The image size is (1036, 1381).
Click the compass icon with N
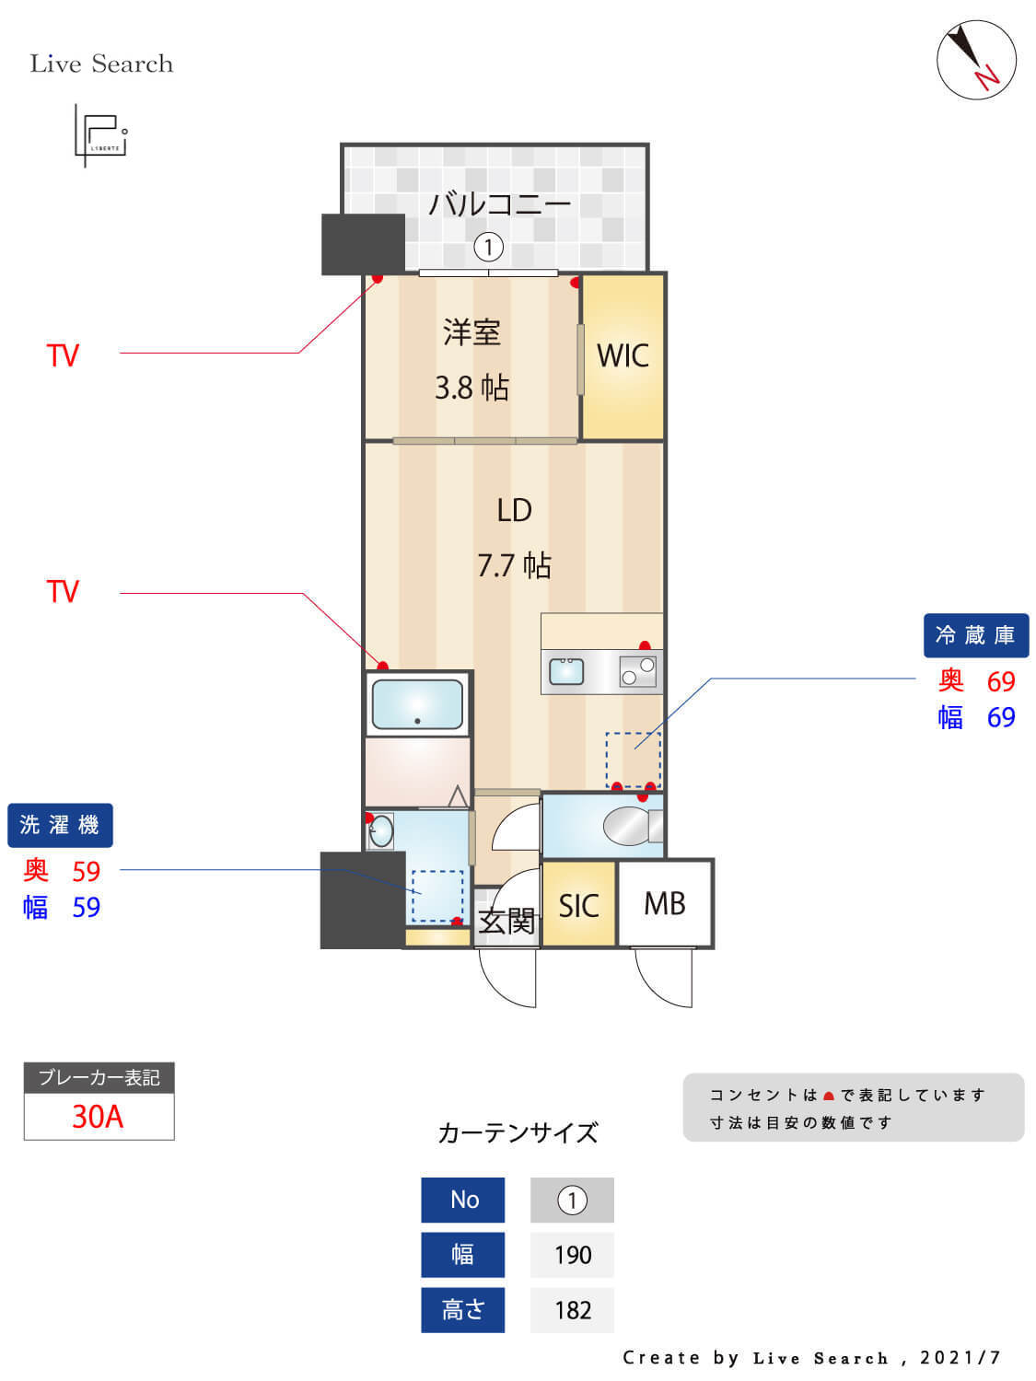(976, 59)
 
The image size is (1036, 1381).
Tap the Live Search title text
(101, 64)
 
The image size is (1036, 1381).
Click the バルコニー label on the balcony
(499, 203)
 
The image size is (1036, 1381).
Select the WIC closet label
(623, 355)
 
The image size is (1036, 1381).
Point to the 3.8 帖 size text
(471, 388)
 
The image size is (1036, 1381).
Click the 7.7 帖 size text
(514, 564)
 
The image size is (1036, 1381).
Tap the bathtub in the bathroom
(417, 704)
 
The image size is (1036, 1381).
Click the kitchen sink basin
(566, 671)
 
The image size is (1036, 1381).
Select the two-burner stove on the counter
(638, 671)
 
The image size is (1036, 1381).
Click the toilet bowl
(627, 825)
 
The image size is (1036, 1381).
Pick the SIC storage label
(578, 906)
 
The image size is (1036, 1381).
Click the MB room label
(665, 904)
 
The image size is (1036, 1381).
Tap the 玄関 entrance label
(506, 921)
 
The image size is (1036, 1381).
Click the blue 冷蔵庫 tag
(975, 635)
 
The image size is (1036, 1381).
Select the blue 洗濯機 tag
(60, 825)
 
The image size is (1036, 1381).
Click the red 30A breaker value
(98, 1117)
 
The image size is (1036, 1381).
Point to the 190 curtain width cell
(572, 1255)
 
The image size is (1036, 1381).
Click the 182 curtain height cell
(572, 1310)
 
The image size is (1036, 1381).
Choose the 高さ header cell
(462, 1310)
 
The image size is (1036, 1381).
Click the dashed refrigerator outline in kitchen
(633, 760)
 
